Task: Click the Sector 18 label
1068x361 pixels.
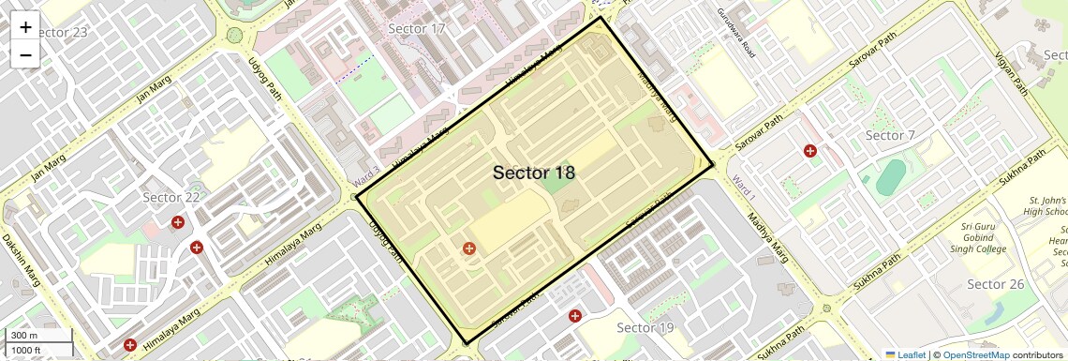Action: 533,173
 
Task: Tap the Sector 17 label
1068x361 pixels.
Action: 416,28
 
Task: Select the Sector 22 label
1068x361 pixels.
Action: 171,197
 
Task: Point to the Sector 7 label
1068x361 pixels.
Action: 890,136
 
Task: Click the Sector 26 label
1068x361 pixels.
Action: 996,284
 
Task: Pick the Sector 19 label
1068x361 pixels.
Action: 645,327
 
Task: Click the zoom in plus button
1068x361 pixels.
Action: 25,26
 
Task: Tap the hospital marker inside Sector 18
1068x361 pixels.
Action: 468,248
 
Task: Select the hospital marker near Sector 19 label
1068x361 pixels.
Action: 575,316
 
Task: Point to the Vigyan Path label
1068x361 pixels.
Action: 1013,75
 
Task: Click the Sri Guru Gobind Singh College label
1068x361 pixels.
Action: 983,237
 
